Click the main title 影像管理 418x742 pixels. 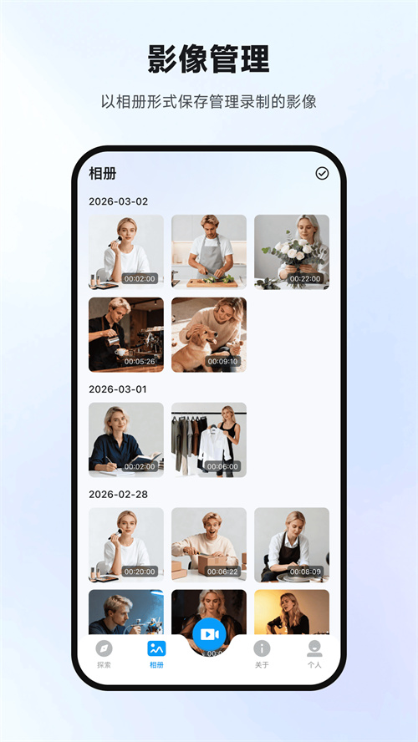(209, 60)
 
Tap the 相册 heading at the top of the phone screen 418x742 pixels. (103, 174)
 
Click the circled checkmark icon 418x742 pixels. (322, 173)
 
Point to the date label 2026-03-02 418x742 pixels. (118, 201)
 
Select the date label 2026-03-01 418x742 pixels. (118, 389)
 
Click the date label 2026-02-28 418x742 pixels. (118, 494)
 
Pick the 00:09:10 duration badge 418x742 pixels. (223, 362)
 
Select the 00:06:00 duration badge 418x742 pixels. (223, 466)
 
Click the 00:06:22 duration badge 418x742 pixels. (223, 572)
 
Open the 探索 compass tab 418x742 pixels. (104, 653)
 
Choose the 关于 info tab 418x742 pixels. (262, 653)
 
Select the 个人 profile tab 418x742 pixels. (314, 653)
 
